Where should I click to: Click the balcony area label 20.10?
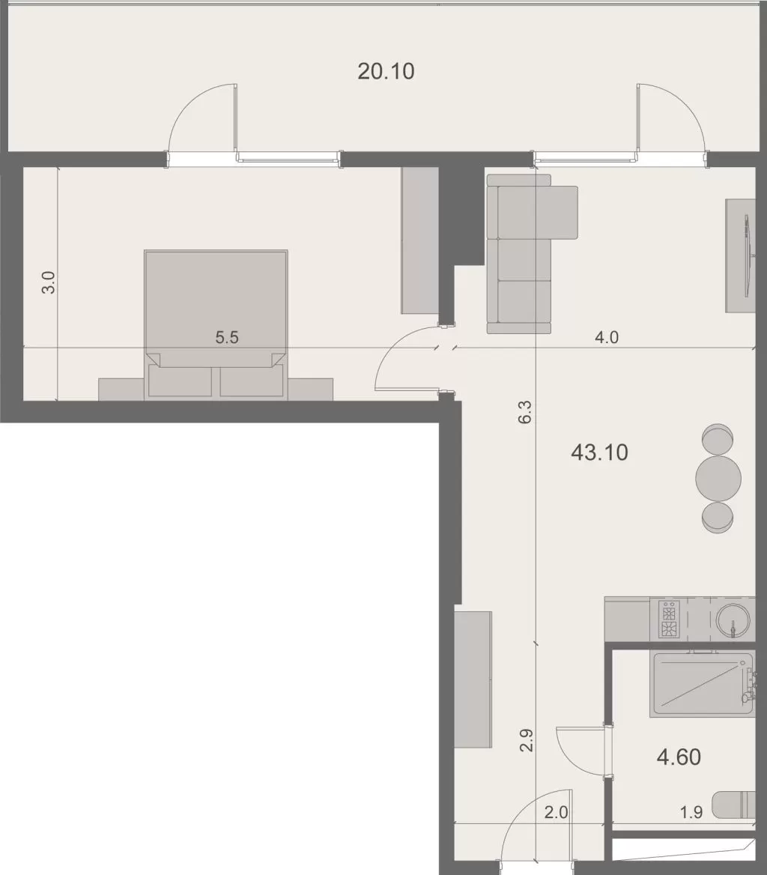(x=386, y=72)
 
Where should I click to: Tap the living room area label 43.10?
(x=599, y=452)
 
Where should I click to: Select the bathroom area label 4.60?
(x=679, y=757)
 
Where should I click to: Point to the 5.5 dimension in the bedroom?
(x=227, y=337)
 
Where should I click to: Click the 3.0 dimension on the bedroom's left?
(x=49, y=282)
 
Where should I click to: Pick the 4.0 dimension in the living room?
(x=606, y=337)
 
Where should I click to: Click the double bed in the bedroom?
(x=216, y=315)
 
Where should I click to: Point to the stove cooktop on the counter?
(x=669, y=620)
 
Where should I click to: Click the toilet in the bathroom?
(x=734, y=805)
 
